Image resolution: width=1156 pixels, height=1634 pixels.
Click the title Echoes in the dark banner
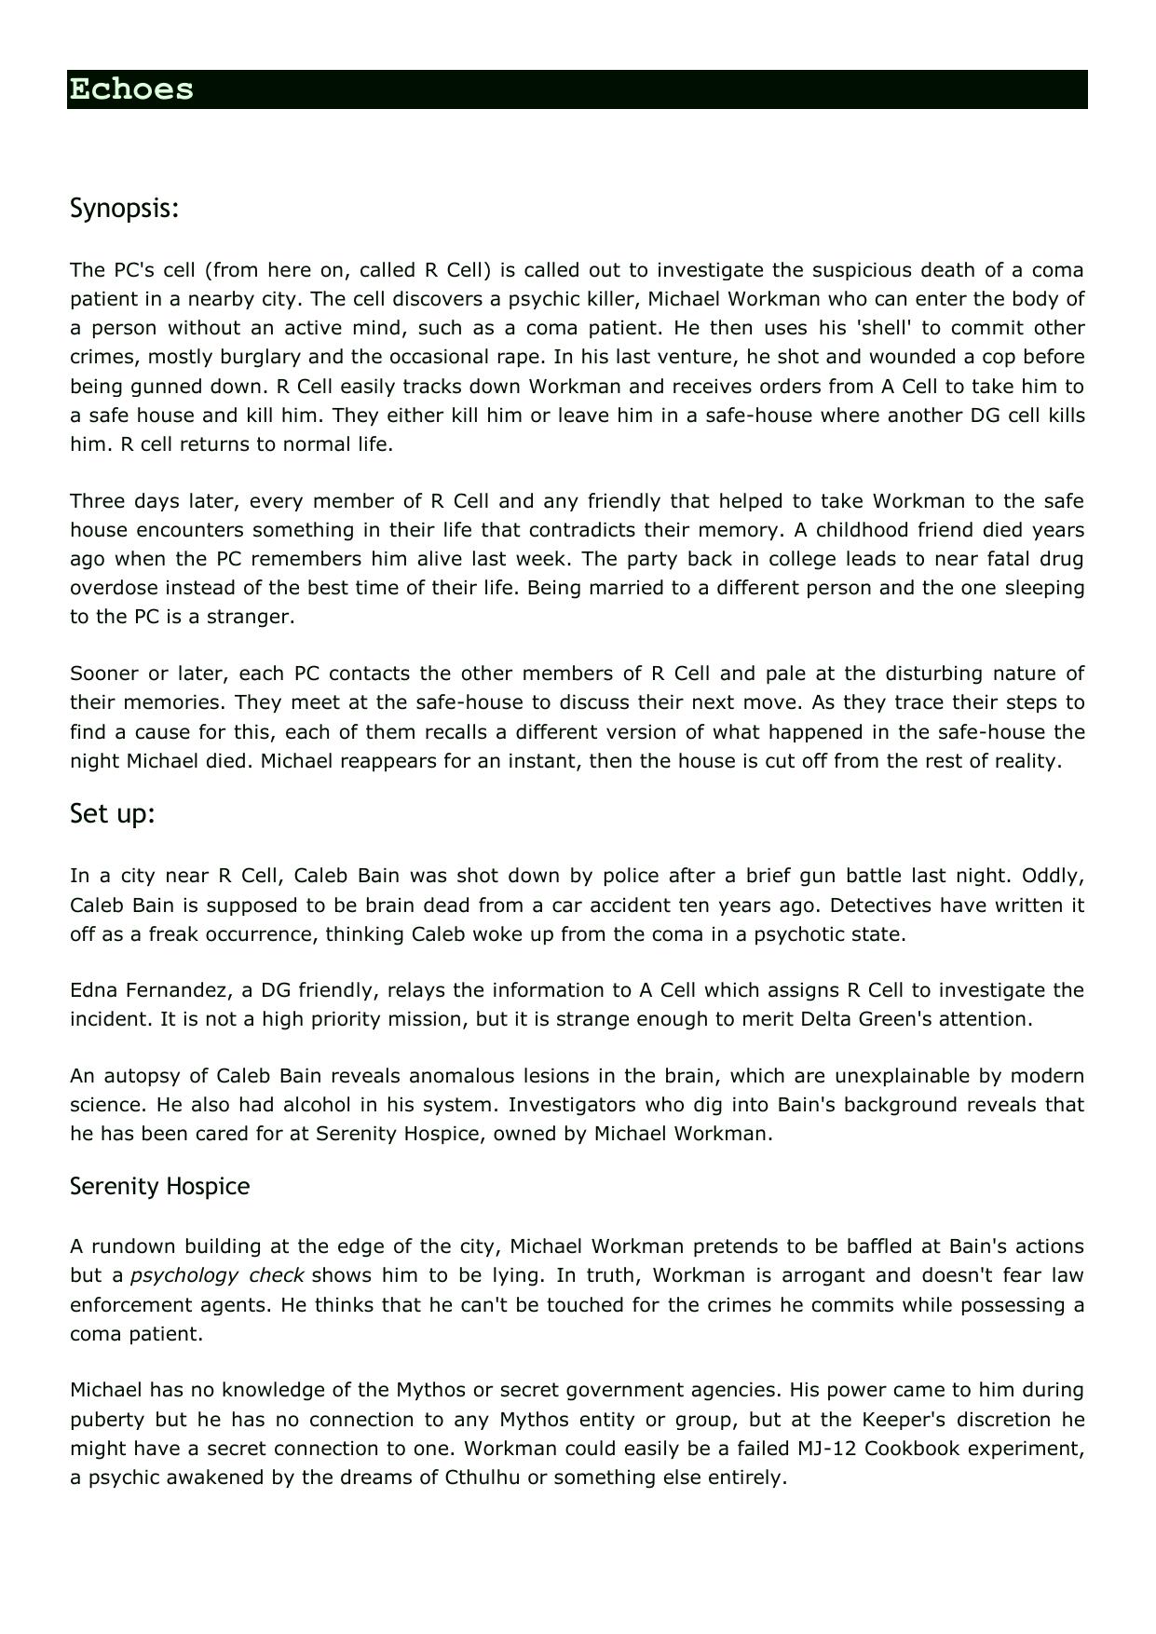point(131,89)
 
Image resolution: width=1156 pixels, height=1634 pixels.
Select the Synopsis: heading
point(124,209)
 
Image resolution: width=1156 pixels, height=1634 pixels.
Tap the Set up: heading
point(112,814)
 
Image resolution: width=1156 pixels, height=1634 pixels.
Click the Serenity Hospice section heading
point(159,1186)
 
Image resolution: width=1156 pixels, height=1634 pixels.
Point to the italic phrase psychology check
point(217,1275)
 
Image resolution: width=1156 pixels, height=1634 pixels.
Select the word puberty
point(107,1420)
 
